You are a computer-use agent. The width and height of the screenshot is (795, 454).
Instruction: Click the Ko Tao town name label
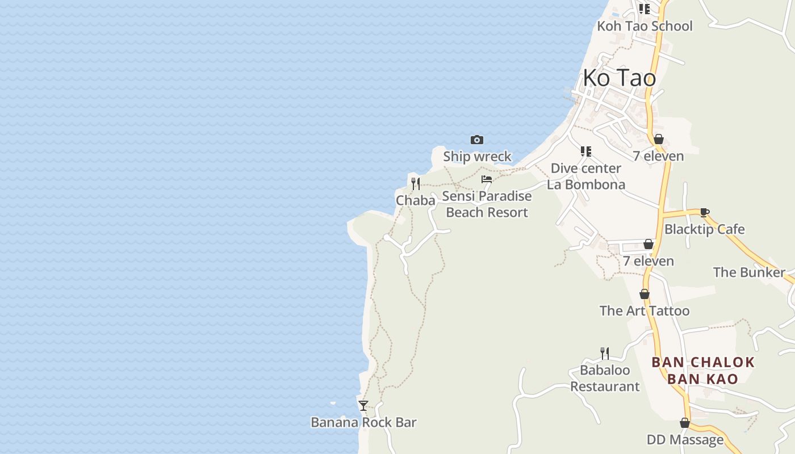point(619,78)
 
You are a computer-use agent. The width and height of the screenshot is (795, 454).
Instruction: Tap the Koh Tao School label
point(645,26)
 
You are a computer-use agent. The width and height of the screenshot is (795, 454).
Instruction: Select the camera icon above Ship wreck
point(477,140)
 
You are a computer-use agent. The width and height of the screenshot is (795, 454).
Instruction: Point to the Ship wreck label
point(477,157)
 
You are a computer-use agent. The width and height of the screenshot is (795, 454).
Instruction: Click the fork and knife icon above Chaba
point(416,183)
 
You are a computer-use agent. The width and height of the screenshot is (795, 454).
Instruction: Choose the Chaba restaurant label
point(416,200)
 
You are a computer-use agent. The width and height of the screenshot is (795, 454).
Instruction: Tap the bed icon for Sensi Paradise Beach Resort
point(487,179)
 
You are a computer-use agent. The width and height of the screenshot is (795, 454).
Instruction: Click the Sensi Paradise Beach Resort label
point(487,204)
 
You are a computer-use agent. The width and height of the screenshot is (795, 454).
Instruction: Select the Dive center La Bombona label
point(586,176)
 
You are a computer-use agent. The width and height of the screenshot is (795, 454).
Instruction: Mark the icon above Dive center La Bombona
point(586,152)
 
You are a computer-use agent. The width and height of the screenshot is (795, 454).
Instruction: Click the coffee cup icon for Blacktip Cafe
point(704,213)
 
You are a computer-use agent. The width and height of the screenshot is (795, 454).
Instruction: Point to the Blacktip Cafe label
point(704,229)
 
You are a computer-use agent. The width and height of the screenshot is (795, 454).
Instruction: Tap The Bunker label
point(749,272)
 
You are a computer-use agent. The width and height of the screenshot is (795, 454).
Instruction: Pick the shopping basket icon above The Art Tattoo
point(645,294)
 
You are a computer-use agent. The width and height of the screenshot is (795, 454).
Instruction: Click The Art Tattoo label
point(645,311)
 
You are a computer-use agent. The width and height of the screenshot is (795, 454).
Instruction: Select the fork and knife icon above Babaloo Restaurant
point(605,354)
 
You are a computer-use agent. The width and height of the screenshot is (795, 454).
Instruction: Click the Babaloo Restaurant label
point(605,379)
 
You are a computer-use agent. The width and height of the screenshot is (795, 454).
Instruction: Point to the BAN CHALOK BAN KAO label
point(703,371)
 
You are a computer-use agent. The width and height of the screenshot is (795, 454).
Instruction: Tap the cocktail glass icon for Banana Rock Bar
point(363,406)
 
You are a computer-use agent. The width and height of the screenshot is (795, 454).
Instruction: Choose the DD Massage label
point(685,440)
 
